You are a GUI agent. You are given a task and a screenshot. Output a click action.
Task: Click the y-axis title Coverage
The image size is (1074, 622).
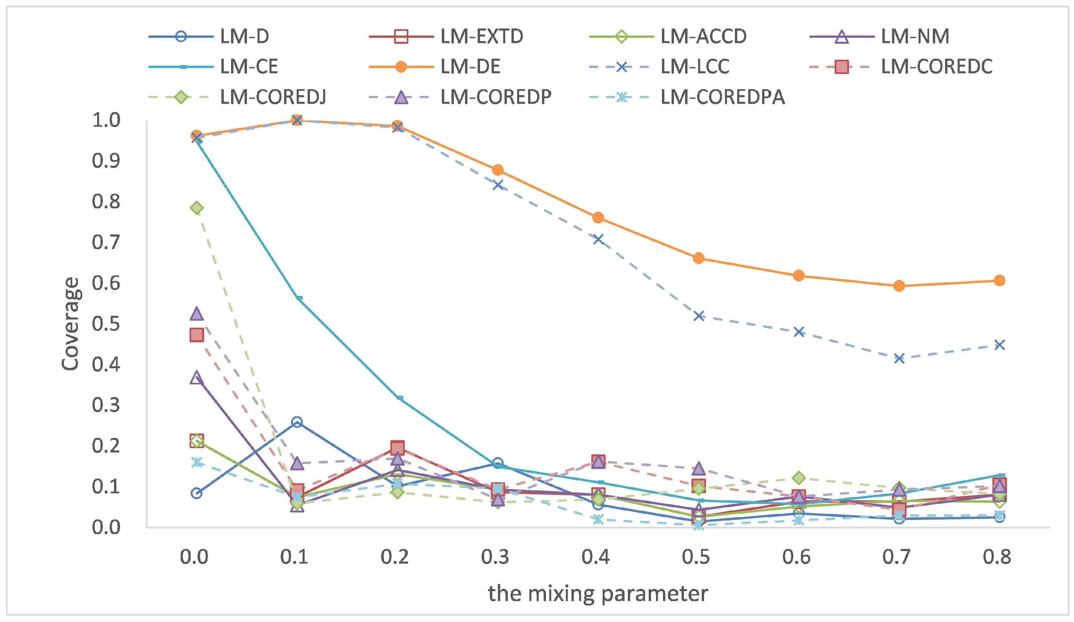70,324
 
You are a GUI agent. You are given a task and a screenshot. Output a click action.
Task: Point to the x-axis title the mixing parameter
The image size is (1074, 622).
598,593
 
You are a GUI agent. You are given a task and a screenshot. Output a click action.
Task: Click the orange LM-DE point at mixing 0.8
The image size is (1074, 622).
999,281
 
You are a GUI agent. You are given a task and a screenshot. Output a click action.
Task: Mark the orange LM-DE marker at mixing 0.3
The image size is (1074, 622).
497,170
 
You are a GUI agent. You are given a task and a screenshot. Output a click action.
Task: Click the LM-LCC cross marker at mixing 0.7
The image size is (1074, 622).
899,358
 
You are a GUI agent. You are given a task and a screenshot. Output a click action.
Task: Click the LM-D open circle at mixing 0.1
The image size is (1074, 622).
297,422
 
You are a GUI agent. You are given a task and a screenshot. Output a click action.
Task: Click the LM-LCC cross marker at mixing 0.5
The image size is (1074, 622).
698,316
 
